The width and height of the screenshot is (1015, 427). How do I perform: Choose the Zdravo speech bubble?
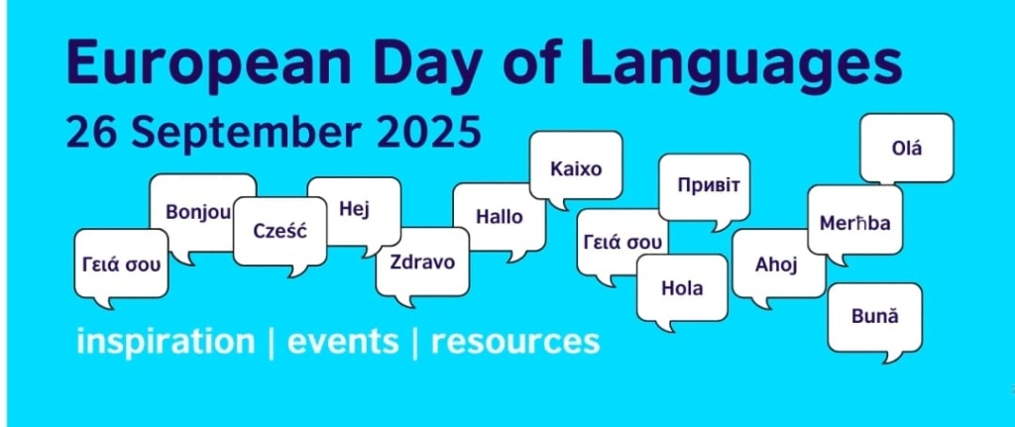[422, 262]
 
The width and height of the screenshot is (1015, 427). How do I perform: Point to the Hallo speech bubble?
[500, 217]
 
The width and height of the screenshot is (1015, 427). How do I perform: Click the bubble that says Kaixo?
[576, 168]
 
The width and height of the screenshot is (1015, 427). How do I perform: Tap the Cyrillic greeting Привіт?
[705, 185]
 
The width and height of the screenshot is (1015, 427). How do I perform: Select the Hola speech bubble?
[682, 288]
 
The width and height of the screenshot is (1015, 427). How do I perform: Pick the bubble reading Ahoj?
[777, 265]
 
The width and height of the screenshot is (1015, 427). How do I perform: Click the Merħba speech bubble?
[854, 223]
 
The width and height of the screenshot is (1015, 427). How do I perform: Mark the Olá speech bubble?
[907, 149]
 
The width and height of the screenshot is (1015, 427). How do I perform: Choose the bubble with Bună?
[874, 317]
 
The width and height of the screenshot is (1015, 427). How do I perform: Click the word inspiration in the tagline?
[166, 342]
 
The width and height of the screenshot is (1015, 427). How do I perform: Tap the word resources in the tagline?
[515, 342]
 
